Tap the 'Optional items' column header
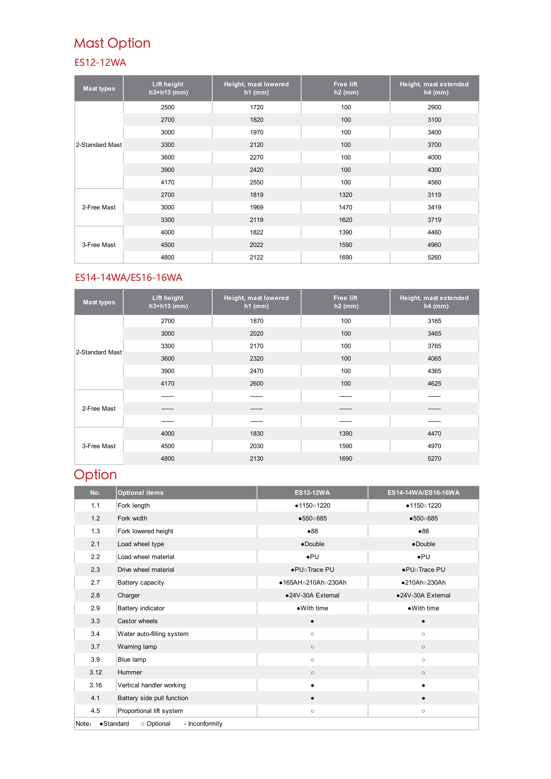pos(141,493)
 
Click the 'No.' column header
pos(95,493)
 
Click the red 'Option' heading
pos(95,475)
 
